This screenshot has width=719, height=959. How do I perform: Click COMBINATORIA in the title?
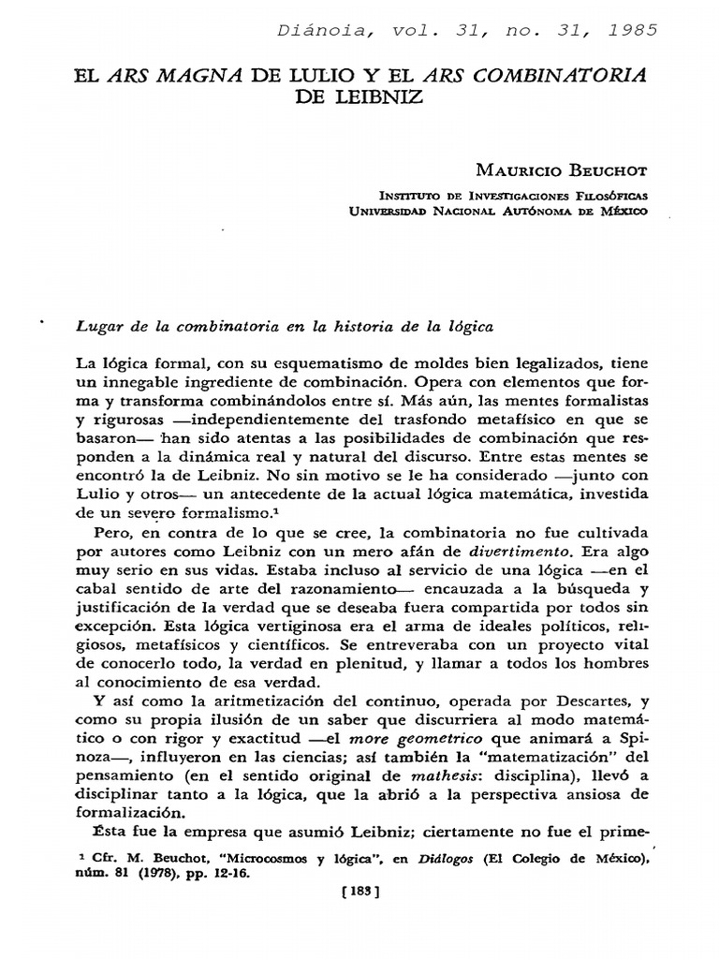point(545,75)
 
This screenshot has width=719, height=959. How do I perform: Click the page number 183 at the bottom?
point(359,893)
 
